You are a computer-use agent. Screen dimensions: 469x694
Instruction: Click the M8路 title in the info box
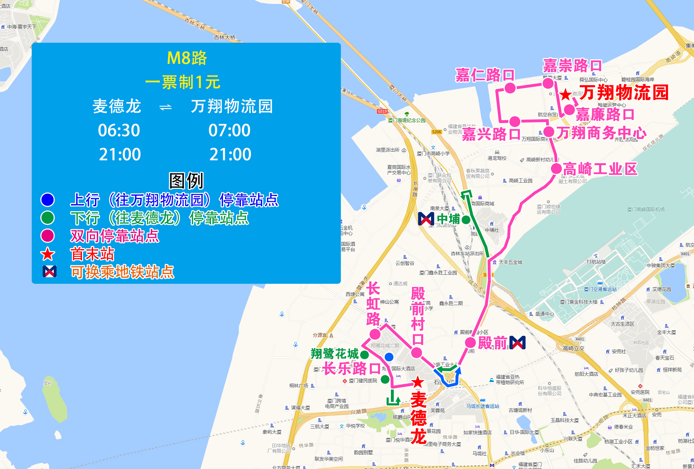(x=186, y=58)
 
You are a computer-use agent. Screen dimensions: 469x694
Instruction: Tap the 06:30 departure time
(x=119, y=130)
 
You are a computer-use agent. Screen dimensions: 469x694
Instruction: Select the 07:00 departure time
(x=229, y=130)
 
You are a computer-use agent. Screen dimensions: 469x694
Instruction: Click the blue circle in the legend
(x=48, y=200)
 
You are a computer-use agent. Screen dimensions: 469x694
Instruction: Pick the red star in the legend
(x=48, y=254)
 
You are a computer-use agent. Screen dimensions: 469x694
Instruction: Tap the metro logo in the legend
(x=49, y=272)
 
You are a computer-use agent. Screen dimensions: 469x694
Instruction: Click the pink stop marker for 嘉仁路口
(x=510, y=88)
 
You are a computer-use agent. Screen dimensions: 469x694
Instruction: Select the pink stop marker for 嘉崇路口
(x=548, y=83)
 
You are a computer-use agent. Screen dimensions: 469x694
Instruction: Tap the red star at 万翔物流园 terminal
(x=566, y=95)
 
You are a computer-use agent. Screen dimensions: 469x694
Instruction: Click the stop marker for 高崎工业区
(x=556, y=168)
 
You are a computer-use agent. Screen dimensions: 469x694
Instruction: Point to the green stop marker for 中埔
(x=466, y=219)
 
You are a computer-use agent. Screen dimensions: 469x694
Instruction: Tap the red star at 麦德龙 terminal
(x=418, y=382)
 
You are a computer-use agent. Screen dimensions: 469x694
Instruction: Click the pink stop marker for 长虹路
(x=375, y=334)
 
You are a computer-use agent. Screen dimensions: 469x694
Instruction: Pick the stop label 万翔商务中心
(x=601, y=133)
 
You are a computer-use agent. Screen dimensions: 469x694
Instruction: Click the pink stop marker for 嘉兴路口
(x=515, y=121)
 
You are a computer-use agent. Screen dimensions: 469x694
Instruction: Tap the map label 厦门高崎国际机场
(x=646, y=209)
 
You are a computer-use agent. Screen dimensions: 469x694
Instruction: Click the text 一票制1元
(x=183, y=82)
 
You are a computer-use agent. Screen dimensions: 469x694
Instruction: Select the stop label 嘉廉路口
(x=605, y=115)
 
